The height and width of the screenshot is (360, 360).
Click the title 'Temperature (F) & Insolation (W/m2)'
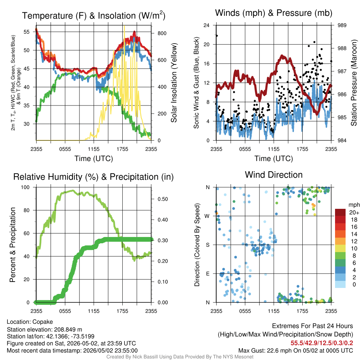[x=94, y=15]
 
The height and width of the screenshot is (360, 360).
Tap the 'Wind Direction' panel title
[x=274, y=175]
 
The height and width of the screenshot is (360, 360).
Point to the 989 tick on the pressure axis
[x=342, y=25]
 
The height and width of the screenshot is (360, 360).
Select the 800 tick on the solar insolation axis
[x=162, y=33]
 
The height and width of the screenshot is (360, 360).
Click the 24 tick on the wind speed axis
[x=206, y=25]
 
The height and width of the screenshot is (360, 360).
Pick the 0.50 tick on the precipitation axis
[x=162, y=199]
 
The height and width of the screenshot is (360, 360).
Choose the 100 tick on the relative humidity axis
[x=25, y=187]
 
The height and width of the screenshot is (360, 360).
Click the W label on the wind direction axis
[x=207, y=216]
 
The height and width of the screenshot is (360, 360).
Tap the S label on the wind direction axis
[x=207, y=245]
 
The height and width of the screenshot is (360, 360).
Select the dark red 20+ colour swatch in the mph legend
[x=340, y=212]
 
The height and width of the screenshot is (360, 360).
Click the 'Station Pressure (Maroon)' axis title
[x=354, y=83]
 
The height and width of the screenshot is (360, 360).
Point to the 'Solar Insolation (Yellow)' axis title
[x=174, y=83]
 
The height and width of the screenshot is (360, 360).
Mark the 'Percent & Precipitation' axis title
[x=12, y=245]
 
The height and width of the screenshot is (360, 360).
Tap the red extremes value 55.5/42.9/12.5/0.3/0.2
[x=322, y=343]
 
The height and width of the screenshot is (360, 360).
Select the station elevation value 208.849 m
[x=68, y=329]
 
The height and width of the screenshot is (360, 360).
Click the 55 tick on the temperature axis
[x=27, y=32]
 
